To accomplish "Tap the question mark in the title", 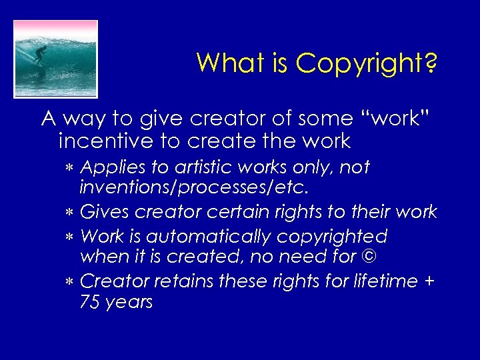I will point(430,63).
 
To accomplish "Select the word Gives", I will point(105,212).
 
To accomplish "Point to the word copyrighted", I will point(333,237).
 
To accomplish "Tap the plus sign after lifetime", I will point(429,281).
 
